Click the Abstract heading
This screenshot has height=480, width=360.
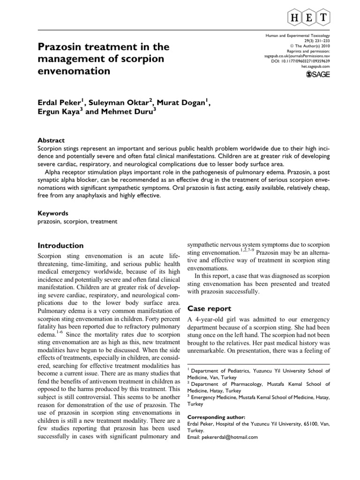click(x=51, y=140)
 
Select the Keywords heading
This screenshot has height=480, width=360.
click(x=52, y=212)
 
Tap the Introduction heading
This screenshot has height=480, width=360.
click(x=60, y=246)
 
